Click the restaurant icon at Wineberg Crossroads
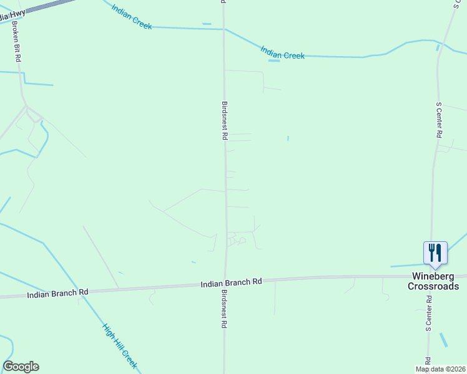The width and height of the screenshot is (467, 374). point(435,252)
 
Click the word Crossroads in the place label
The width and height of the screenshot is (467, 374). point(433,286)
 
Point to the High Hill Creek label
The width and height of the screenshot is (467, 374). point(120,346)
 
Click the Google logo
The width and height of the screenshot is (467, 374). point(21,367)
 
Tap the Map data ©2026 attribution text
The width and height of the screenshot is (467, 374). point(440,369)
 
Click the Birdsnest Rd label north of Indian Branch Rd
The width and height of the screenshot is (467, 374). point(224,121)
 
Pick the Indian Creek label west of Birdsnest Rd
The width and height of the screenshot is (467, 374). point(132,16)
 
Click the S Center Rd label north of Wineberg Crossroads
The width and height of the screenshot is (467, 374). point(439,121)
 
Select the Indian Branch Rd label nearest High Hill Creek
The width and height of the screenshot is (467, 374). point(57,292)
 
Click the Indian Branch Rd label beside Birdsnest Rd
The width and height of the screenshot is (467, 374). point(231,283)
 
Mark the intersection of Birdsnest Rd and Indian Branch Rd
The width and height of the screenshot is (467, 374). point(225,284)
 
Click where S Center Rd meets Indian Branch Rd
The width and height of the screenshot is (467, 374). point(433,276)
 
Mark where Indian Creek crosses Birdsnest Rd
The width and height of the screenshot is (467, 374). point(224,29)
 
